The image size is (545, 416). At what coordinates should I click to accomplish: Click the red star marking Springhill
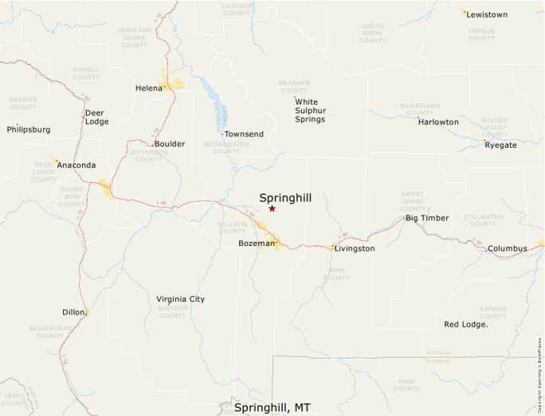point(272,208)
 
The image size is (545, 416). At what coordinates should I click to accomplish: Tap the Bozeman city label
point(256,243)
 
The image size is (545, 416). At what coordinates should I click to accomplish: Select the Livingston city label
point(355,248)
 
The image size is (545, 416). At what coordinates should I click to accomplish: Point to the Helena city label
point(148,88)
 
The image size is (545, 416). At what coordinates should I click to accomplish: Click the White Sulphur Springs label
point(310,111)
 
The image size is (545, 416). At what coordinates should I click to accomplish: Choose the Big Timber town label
point(427,218)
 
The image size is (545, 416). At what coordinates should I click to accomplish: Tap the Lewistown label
point(486,14)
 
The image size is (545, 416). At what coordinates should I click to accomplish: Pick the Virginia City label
point(181,299)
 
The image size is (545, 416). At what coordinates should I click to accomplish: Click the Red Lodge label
point(465,324)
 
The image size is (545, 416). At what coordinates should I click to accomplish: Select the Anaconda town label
point(76,165)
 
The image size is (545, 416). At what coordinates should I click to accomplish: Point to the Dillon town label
point(73,312)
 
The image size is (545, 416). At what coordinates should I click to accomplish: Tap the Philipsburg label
point(29,129)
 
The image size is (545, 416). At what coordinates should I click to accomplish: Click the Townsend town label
point(244,134)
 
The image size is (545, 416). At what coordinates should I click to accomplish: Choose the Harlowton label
point(438,122)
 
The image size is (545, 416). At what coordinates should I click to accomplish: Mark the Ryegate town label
point(500,145)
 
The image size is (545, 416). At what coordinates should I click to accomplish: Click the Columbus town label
point(508,248)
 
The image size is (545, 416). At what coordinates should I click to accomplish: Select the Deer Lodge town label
point(96,117)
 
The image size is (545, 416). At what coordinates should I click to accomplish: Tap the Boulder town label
point(170,144)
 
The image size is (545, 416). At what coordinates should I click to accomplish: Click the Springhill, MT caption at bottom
point(272,407)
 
